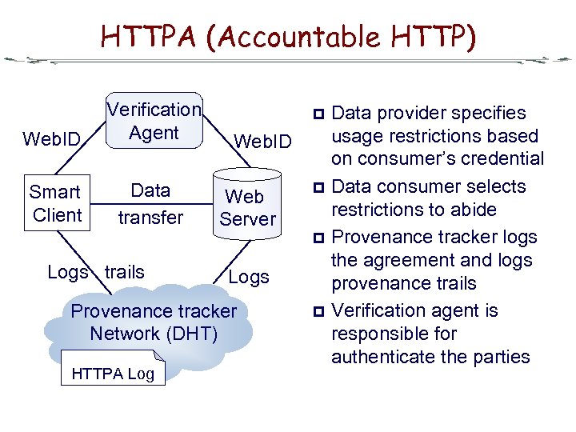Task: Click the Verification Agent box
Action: click(x=154, y=121)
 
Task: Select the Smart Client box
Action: click(x=56, y=204)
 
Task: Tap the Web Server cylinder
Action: click(x=248, y=207)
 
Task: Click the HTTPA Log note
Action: click(x=113, y=373)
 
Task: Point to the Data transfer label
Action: click(x=150, y=204)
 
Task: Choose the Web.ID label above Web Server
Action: click(x=262, y=142)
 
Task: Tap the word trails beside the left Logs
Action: click(x=125, y=272)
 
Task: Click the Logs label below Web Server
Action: click(x=249, y=277)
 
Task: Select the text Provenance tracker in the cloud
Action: click(x=154, y=311)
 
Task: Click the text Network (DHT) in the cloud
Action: click(x=154, y=333)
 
